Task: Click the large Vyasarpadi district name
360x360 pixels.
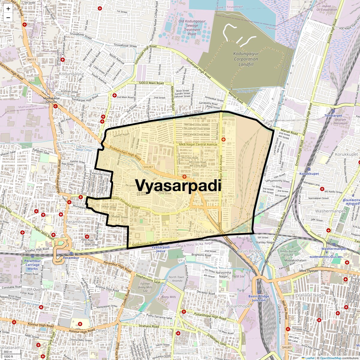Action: tap(178, 185)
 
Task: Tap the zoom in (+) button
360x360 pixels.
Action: tap(8, 9)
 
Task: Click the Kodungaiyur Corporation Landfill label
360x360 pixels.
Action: tap(246, 59)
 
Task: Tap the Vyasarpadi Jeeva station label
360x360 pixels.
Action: tap(160, 249)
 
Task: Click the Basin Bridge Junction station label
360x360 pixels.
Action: tap(259, 298)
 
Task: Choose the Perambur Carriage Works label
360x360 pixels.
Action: tap(32, 265)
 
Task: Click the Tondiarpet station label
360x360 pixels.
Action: tap(333, 115)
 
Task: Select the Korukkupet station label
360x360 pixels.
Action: tap(309, 174)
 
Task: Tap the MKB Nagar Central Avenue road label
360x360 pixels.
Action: tap(198, 145)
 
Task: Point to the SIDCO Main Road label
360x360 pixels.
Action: tap(151, 83)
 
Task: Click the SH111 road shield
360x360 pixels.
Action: tap(31, 60)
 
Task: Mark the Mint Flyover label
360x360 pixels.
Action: tap(309, 271)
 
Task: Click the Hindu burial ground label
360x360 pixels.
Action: tap(288, 253)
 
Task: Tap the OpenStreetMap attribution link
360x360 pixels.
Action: tap(330, 358)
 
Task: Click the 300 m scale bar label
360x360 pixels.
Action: tap(8, 352)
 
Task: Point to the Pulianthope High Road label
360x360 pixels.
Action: tap(210, 316)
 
